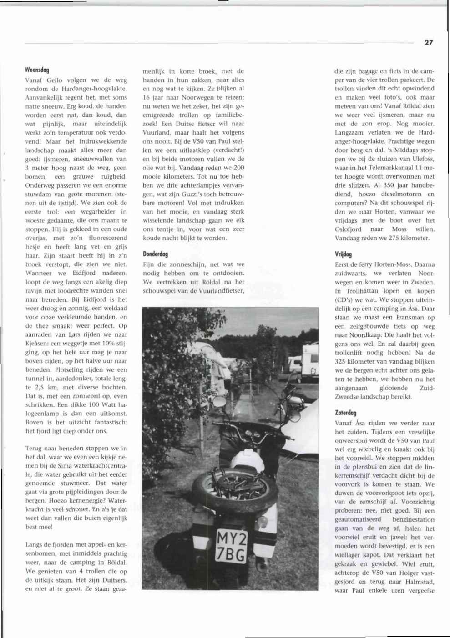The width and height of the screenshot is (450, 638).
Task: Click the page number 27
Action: (x=429, y=42)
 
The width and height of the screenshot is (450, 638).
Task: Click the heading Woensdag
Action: (x=37, y=70)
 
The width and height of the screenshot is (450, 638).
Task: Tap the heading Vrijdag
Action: (x=344, y=254)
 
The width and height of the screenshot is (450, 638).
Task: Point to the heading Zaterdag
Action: (x=345, y=413)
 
